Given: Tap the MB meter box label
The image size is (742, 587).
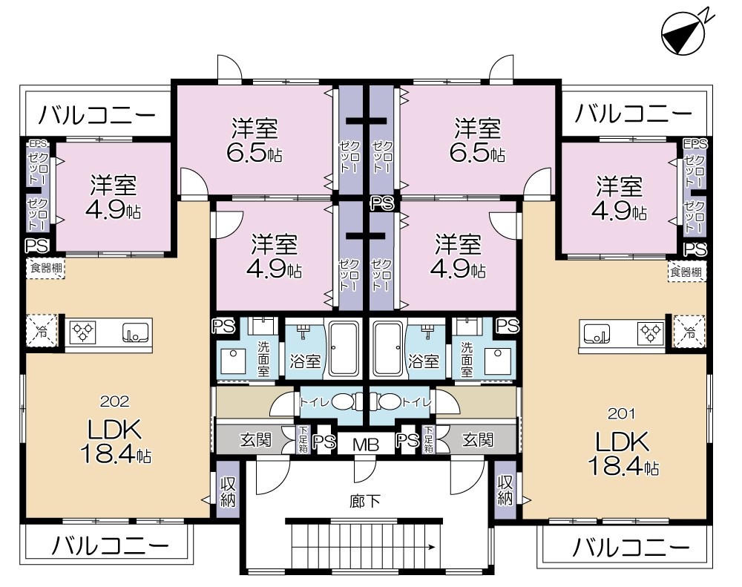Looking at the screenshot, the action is click(x=365, y=445).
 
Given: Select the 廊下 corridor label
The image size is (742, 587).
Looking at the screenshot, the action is click(x=365, y=501).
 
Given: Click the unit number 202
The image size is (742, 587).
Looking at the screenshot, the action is click(x=114, y=401).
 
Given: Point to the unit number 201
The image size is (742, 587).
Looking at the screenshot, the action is click(x=621, y=414).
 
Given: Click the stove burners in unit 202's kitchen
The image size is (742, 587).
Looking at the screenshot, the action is click(x=82, y=332).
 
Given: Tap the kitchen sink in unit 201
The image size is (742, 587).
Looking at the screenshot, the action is click(x=596, y=334).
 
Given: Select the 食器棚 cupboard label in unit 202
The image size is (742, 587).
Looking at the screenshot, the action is click(x=45, y=268).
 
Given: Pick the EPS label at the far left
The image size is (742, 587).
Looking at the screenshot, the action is click(x=37, y=143).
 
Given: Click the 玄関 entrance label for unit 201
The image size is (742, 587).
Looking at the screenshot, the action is click(x=478, y=440).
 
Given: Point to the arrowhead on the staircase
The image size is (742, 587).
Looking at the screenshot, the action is click(x=432, y=548).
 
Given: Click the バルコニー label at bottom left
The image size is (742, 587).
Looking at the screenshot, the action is click(x=109, y=545).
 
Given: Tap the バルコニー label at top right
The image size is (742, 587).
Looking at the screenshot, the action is click(x=633, y=114).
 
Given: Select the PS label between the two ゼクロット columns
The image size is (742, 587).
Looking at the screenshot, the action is click(x=382, y=203).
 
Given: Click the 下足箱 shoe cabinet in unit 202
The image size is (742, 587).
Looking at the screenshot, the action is click(x=303, y=440).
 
